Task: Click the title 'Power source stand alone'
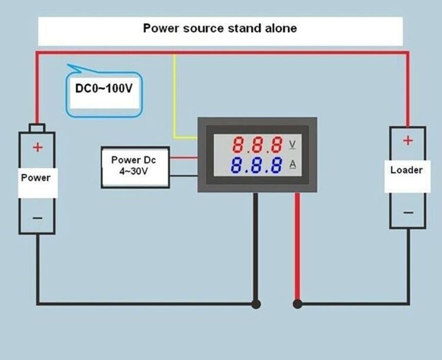click(219, 28)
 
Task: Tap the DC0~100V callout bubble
click(103, 89)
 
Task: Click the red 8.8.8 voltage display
click(257, 145)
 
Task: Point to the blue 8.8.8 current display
click(256, 166)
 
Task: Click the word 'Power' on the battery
click(36, 177)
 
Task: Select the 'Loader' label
click(406, 170)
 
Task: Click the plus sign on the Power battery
click(38, 148)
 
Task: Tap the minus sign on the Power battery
click(38, 218)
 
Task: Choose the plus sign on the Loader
click(407, 140)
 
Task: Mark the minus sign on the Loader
click(408, 212)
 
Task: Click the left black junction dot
click(255, 304)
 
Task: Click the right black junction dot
click(297, 304)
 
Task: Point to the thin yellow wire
click(175, 98)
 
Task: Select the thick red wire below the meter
click(297, 247)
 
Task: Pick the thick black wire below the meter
click(255, 247)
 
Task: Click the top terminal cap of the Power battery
click(37, 128)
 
